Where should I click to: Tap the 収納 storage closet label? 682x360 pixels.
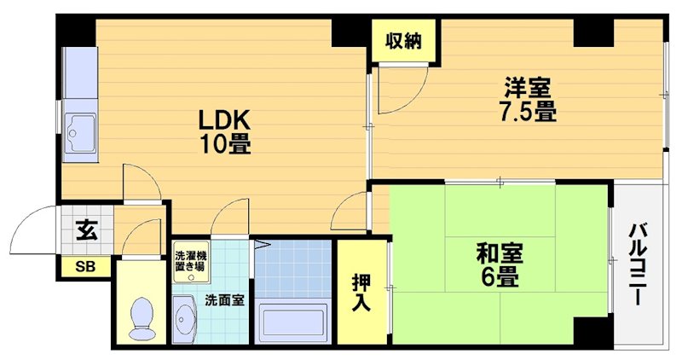403,40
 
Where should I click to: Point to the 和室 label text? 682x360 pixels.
500,253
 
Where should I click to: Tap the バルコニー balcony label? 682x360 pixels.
638,264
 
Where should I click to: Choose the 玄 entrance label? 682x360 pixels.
85,230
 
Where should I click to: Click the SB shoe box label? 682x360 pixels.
85,267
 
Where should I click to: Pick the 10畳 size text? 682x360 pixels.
226,143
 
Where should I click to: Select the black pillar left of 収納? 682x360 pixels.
350,32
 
